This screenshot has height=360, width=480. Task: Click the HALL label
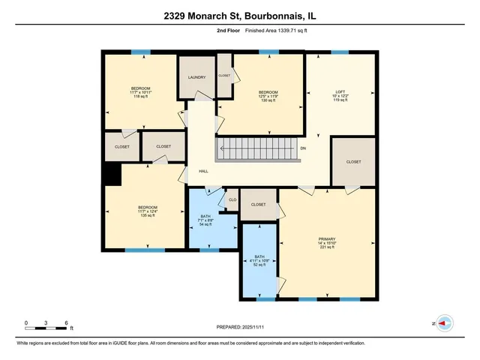(x=203, y=171)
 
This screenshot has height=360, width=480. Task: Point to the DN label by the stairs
(x=303, y=148)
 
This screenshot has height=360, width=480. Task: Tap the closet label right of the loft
(x=353, y=162)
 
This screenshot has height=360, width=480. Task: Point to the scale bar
(x=46, y=323)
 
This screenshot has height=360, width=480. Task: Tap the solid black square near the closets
(x=112, y=173)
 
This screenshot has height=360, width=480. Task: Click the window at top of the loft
(x=339, y=52)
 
